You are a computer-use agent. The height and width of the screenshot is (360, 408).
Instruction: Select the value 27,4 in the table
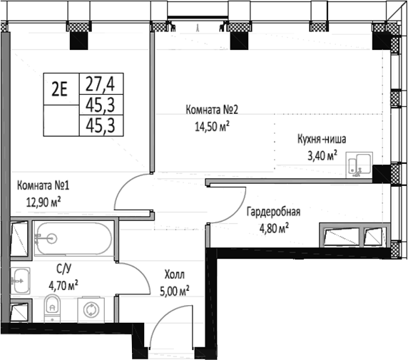pos(101,83)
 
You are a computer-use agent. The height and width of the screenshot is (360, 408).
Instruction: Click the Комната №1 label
pos(44,186)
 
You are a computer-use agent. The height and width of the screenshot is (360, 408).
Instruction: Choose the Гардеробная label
pos(274,212)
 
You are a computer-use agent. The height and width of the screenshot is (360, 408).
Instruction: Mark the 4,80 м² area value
pos(272,228)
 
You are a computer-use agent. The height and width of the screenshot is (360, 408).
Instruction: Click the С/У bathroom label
pos(63,269)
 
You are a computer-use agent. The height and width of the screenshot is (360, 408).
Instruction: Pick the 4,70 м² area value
pos(63,285)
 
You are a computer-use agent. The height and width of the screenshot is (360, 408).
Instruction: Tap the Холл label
pos(174,274)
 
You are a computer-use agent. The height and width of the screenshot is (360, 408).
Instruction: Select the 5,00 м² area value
pos(173,290)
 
